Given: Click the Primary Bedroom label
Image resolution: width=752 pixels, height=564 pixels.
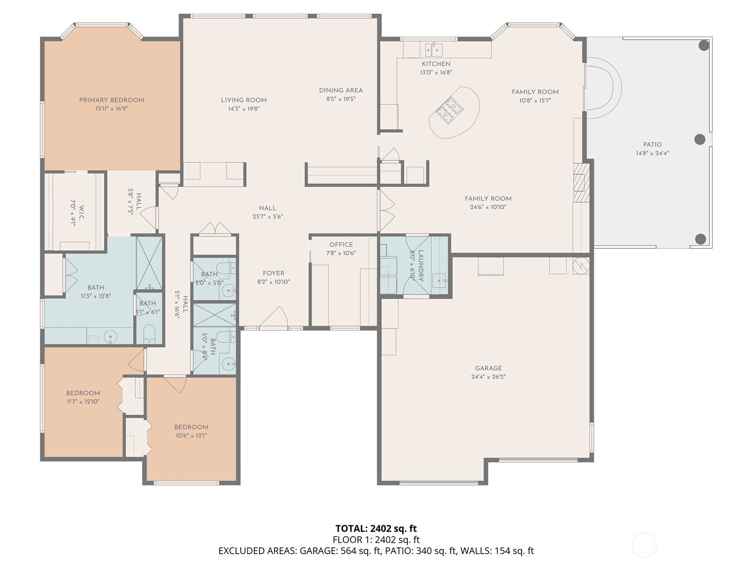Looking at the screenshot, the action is tap(111, 100).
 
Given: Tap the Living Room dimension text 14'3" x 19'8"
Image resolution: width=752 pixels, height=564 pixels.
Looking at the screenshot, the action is tap(244, 109).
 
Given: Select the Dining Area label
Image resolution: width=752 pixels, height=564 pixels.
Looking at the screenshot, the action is tap(341, 90).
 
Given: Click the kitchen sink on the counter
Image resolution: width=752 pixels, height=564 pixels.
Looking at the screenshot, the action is tap(434, 49).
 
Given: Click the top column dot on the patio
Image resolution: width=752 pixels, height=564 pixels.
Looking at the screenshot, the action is tap(704, 45).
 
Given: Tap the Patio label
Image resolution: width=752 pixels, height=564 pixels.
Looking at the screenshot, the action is tap(652, 144).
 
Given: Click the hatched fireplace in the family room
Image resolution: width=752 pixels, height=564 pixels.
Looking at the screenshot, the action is tap(581, 183).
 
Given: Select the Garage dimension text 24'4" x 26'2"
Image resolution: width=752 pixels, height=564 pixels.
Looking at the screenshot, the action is tap(489, 377).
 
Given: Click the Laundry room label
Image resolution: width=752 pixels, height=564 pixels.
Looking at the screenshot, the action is tap(421, 266).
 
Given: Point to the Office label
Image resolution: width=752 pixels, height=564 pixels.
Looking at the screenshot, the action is tap(341, 245).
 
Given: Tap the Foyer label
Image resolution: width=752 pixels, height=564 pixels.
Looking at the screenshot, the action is tap(273, 273).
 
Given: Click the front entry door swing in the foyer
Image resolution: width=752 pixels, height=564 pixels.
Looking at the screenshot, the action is tap(273, 317).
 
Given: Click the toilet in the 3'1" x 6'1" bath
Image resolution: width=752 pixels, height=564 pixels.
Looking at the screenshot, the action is tap(149, 334).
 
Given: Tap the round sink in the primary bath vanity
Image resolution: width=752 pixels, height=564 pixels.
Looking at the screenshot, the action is tap(111, 336).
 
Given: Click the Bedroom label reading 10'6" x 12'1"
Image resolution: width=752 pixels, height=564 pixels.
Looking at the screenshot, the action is tap(191, 427).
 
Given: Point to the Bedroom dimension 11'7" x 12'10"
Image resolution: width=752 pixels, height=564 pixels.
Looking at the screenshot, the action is tap(83, 402).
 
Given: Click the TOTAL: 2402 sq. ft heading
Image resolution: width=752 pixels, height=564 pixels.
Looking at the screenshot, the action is tap(376, 529).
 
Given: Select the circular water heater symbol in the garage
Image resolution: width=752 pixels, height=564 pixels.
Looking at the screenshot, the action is tap(581, 266).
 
